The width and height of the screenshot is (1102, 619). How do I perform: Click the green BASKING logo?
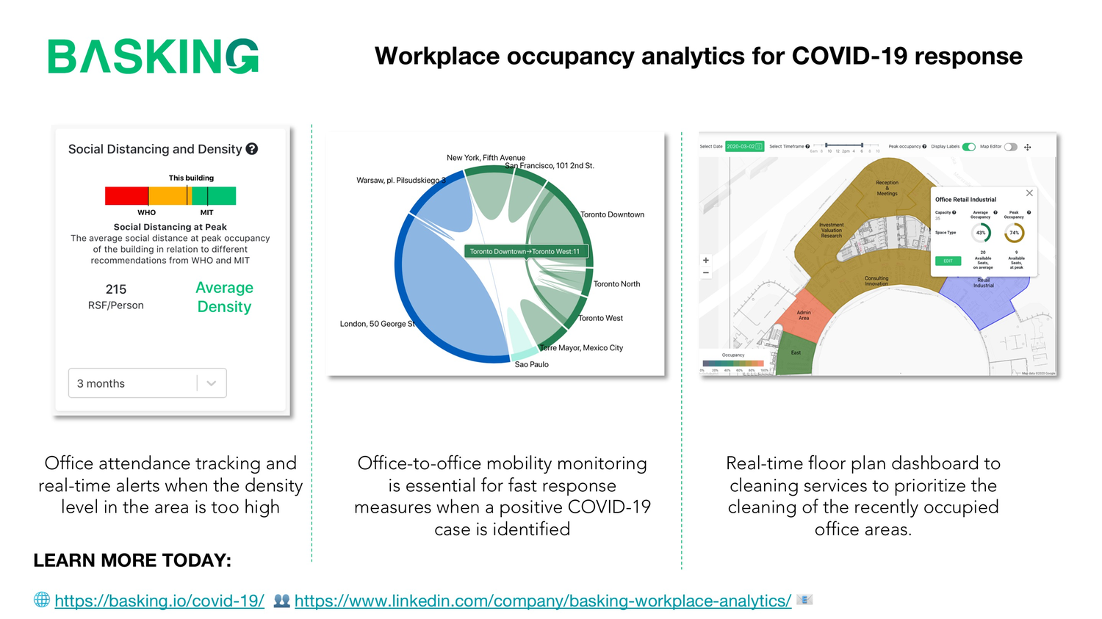pos(153,57)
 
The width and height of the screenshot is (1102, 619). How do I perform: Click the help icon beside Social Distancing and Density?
pos(252,149)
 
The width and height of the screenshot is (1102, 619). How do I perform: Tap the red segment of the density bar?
pos(126,196)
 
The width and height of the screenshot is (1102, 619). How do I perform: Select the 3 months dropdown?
pos(147,383)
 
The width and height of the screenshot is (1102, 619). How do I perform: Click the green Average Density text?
pos(224,297)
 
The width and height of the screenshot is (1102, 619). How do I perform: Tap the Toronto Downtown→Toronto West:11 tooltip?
pos(525,251)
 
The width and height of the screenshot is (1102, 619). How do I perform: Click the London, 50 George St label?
pos(377,324)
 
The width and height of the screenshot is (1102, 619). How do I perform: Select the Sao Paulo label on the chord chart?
pos(531,364)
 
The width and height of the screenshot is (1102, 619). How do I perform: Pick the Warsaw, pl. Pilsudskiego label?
pos(400,180)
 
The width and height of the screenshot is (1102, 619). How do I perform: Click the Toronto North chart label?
pos(616,284)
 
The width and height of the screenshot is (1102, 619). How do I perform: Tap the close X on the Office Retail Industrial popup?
pos(1029,193)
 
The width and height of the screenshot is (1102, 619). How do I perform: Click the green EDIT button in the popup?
pos(948,261)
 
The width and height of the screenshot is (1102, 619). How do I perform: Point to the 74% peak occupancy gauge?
pos(1014,233)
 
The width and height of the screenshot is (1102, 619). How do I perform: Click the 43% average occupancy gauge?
pos(981,233)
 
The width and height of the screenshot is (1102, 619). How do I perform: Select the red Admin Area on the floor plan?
pos(805,316)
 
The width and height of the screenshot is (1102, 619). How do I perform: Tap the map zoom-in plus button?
pos(706,260)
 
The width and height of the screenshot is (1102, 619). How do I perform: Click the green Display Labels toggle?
pos(969,147)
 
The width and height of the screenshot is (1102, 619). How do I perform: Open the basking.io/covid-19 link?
pos(159,601)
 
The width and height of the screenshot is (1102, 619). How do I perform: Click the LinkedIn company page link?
pos(543,601)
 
